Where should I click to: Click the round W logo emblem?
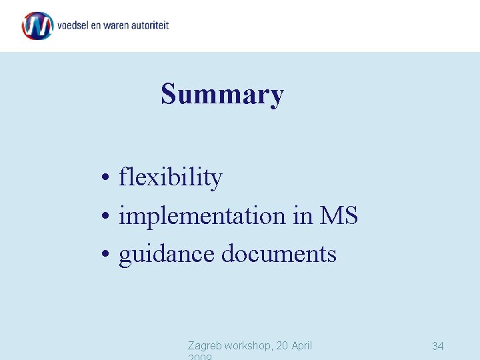37,26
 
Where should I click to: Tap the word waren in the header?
120,25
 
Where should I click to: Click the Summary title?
222,94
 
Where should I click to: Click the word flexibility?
170,177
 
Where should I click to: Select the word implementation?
202,216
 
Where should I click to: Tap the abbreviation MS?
339,216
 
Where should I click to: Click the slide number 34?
438,345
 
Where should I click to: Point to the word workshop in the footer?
249,345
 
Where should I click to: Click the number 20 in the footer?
281,345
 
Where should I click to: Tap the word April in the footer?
301,345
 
